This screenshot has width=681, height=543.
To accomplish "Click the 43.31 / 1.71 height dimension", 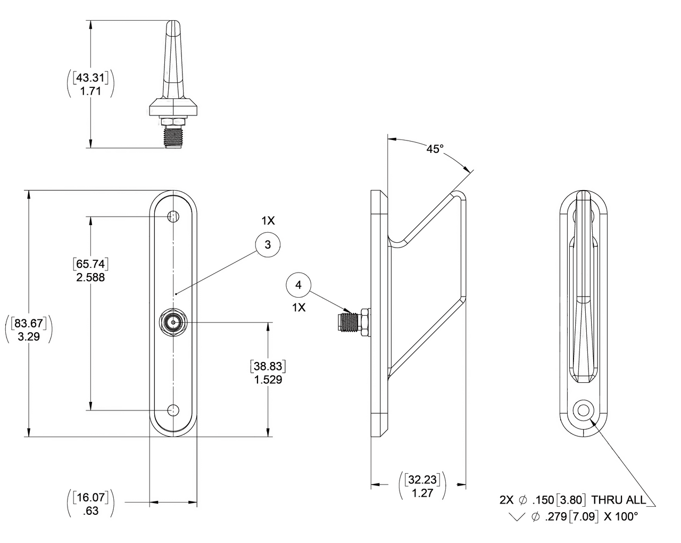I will pos(90,85).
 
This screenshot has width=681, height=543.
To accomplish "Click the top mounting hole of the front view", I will pos(173,216).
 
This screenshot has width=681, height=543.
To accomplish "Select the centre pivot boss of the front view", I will pos(173,322).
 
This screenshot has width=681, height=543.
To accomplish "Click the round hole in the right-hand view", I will pos(584,410).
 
